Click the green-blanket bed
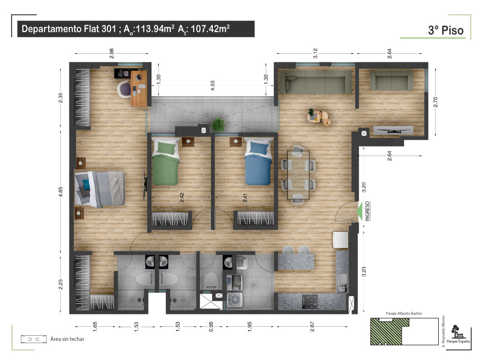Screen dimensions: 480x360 [165, 161]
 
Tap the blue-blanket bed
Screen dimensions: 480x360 [258, 161]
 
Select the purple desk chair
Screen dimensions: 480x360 [124, 89]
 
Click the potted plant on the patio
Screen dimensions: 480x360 [218, 124]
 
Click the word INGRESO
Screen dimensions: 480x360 [367, 211]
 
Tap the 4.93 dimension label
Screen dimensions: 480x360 [212, 85]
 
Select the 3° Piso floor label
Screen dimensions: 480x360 [446, 30]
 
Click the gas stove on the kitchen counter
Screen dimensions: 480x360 [310, 301]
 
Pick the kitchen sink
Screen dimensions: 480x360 [342, 283]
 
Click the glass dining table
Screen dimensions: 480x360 [298, 175]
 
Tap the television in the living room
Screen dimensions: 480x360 [393, 130]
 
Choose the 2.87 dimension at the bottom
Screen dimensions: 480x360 [312, 326]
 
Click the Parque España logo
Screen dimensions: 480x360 [458, 334]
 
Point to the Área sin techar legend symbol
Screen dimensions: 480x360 [34, 339]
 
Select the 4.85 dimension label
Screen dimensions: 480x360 [60, 192]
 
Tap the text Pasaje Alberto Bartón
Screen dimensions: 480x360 [404, 313]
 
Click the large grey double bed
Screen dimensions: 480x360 [99, 188]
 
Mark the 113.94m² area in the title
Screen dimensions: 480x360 [155, 29]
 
